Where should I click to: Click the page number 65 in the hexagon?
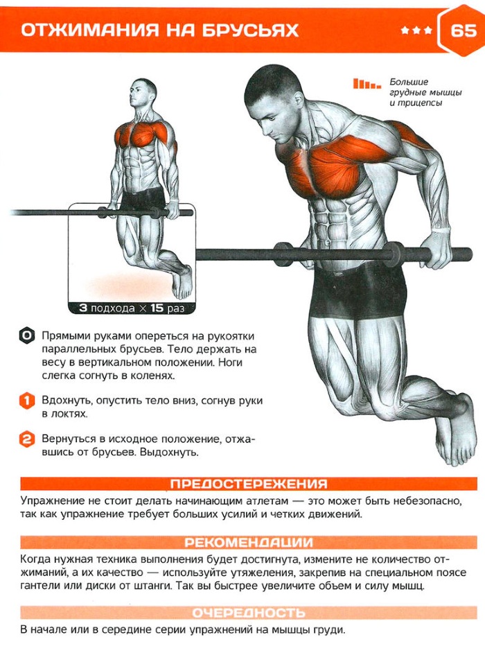[x=463, y=30]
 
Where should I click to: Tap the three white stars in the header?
[x=416, y=31]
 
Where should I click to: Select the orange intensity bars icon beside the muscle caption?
[x=367, y=85]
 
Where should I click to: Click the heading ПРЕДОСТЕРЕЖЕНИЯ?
[x=249, y=484]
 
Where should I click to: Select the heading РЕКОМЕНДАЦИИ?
[x=249, y=542]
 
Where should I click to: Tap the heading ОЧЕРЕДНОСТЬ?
[x=249, y=613]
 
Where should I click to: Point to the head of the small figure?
[x=145, y=94]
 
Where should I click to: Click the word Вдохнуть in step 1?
[x=66, y=401]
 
